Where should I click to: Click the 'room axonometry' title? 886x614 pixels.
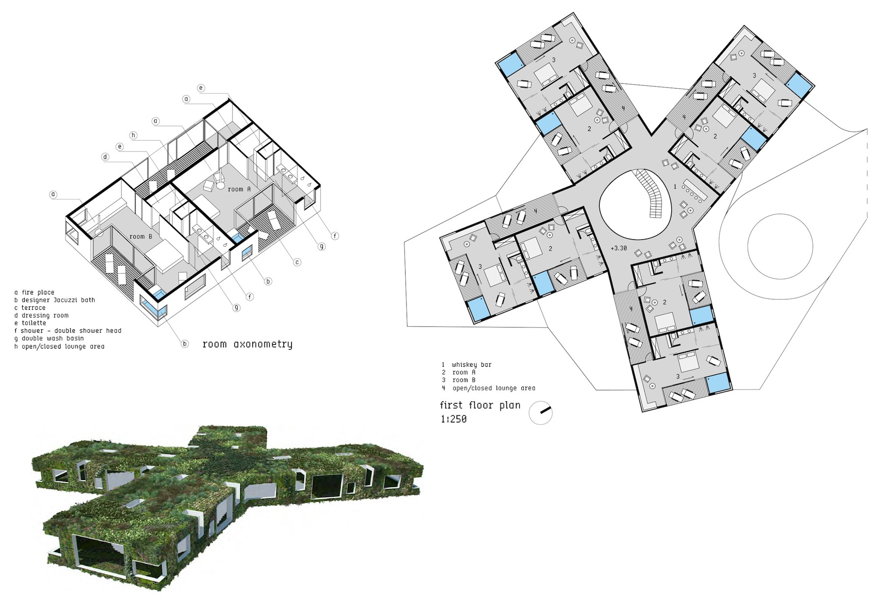point(248,344)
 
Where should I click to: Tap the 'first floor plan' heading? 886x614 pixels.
point(480,406)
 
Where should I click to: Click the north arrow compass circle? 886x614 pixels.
point(540,413)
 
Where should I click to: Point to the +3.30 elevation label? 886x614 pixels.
point(619,248)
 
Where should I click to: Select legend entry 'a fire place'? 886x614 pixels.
point(34,292)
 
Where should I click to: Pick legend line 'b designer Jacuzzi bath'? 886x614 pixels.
point(55,300)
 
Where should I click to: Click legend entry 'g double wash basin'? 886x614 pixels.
point(49,338)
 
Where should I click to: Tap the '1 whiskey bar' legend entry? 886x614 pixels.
point(467,365)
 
